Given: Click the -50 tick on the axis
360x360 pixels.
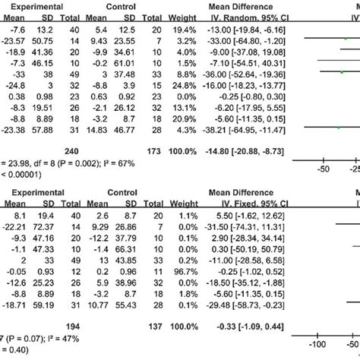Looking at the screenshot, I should (x=322, y=169).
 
